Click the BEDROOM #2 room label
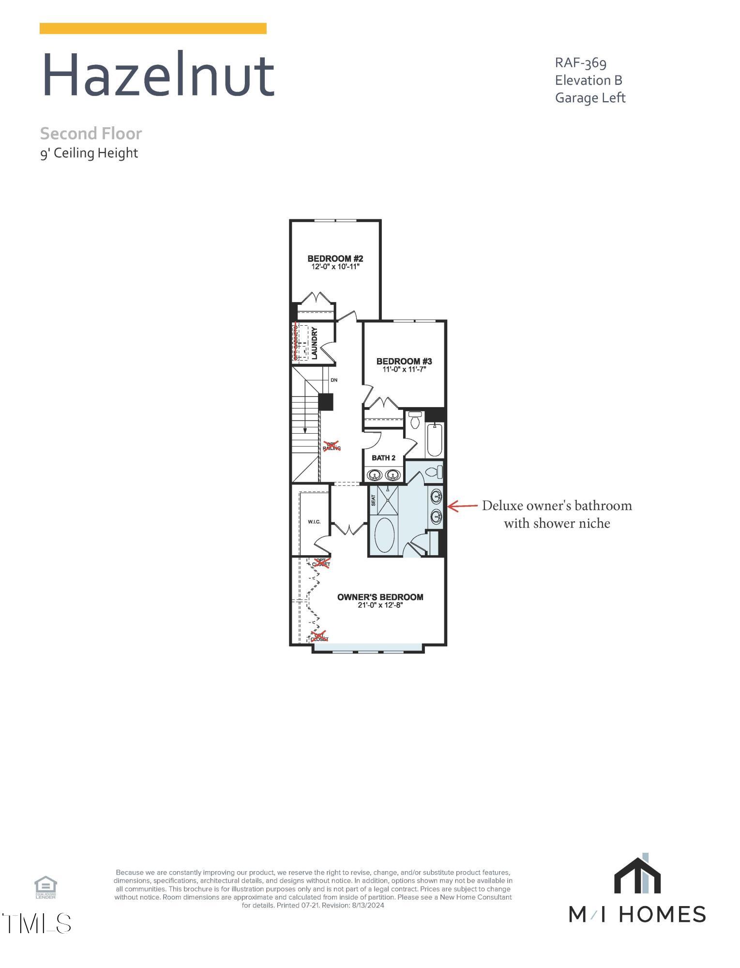click(x=335, y=258)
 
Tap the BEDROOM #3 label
click(x=404, y=361)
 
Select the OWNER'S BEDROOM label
click(x=380, y=597)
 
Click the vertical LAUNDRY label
click(x=314, y=343)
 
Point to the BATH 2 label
click(x=383, y=458)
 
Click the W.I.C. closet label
click(x=314, y=522)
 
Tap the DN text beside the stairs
click(x=334, y=380)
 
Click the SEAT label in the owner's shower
click(x=373, y=500)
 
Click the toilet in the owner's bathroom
click(x=434, y=471)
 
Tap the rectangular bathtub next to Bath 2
click(x=434, y=439)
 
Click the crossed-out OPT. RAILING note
click(x=332, y=446)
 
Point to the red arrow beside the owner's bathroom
click(x=463, y=506)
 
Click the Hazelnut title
click(x=158, y=76)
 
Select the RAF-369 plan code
click(x=580, y=63)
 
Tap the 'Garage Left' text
click(x=590, y=98)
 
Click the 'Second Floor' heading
click(x=91, y=133)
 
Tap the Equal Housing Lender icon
click(x=45, y=887)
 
